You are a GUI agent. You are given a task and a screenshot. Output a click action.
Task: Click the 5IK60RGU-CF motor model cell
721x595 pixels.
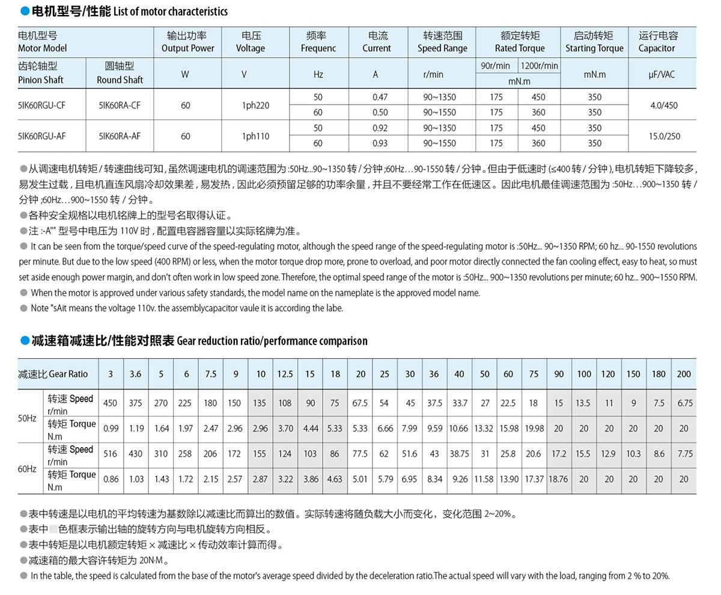pos(41,105)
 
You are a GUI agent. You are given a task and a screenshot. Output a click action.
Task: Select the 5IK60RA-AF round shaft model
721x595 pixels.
pos(120,136)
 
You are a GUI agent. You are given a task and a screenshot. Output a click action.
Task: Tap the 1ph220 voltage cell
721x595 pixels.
pos(255,105)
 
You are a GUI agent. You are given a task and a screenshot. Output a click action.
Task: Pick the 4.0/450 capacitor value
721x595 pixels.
pos(663,105)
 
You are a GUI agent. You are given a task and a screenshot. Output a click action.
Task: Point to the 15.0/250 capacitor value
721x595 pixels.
pos(664,136)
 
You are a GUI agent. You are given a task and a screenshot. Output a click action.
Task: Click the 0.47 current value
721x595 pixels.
pos(380,97)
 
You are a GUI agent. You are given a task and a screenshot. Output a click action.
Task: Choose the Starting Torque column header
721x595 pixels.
pos(594,42)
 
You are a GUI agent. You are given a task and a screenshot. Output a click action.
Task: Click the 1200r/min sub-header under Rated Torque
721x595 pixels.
pos(539,66)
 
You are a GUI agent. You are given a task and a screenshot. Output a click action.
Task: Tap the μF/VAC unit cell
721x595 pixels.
pos(662,75)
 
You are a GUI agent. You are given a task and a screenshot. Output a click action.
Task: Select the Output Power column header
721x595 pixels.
pos(187,42)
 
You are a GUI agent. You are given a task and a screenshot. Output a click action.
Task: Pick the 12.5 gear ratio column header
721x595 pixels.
pos(285,374)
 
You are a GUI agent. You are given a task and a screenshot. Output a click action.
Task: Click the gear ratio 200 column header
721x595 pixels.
pos(684,374)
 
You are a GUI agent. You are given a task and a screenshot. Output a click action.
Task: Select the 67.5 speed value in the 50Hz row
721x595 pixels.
pos(359,403)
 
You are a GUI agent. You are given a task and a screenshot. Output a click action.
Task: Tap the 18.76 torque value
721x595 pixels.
pos(559,479)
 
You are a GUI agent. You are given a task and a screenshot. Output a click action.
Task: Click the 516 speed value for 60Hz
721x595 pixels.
pos(111,454)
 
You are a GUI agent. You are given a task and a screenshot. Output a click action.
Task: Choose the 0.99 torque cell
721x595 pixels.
pos(111,429)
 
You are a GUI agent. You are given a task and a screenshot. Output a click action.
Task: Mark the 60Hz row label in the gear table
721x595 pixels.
pos(27,468)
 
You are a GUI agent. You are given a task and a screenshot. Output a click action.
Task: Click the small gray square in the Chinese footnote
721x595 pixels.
pos(53,529)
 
